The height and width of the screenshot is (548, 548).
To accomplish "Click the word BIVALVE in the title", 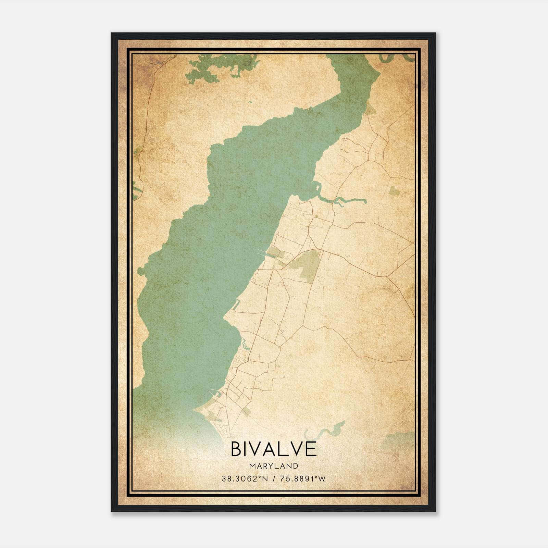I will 274,449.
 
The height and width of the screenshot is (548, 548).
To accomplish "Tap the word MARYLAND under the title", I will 274,466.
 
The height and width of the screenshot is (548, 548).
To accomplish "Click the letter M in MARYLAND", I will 252,466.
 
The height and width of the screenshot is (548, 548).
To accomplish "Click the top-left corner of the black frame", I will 112,34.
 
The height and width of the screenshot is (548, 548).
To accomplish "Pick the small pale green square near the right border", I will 394,192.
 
